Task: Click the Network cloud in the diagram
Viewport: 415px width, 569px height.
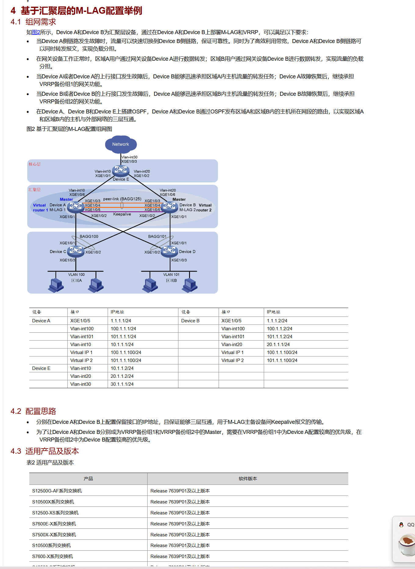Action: tap(121, 144)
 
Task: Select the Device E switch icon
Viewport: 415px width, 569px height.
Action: tap(121, 170)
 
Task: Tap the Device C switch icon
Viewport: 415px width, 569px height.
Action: tap(76, 251)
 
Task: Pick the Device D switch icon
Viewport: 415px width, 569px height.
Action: tap(170, 251)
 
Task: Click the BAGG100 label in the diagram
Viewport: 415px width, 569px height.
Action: tap(89, 236)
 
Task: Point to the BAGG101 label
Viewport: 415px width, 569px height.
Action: tap(157, 236)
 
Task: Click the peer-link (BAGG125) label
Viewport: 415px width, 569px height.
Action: tap(122, 199)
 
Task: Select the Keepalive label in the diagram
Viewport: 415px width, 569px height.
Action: tap(122, 214)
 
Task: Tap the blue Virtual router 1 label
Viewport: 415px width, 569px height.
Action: tap(40, 208)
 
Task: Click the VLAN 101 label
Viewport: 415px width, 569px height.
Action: tap(171, 274)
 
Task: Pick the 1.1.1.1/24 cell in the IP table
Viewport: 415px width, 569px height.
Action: tap(121, 321)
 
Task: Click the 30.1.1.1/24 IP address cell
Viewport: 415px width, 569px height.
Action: tap(122, 384)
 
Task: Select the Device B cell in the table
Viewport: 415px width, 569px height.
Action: tap(190, 321)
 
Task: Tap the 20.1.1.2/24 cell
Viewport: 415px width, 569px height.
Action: tap(122, 376)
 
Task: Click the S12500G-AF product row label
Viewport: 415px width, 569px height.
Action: tap(57, 491)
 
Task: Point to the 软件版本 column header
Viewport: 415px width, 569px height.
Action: tap(248, 479)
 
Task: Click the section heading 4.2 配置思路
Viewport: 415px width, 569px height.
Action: tap(34, 411)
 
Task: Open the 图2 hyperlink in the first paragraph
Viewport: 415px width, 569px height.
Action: tap(36, 32)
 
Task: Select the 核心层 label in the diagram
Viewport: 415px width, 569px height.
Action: tap(34, 164)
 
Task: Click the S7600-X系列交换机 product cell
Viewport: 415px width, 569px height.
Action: tap(52, 556)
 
